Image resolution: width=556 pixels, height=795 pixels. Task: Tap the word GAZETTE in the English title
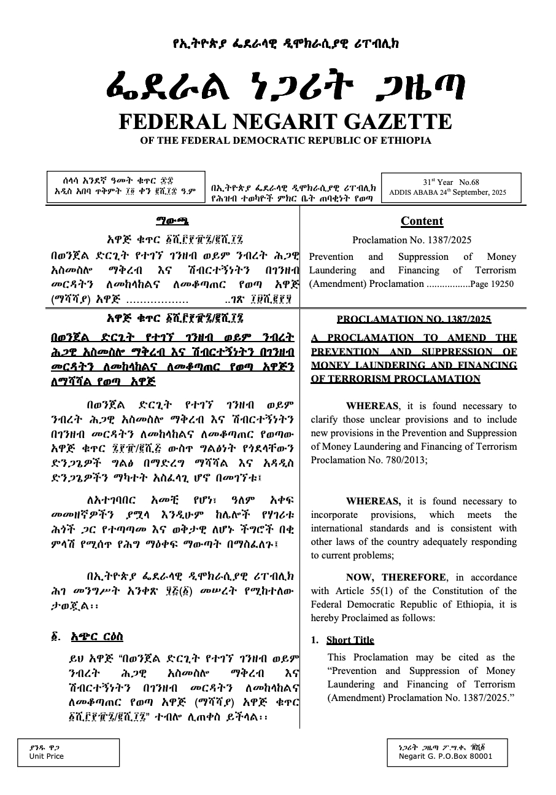[393, 121]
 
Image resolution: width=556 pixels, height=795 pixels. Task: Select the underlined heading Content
[422, 221]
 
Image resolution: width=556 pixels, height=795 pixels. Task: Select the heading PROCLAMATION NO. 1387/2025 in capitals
[414, 319]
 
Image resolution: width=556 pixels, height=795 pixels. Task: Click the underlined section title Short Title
[350, 640]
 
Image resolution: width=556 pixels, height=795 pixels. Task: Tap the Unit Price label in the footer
[47, 756]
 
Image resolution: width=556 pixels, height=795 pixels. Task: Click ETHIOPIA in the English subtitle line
[402, 141]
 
